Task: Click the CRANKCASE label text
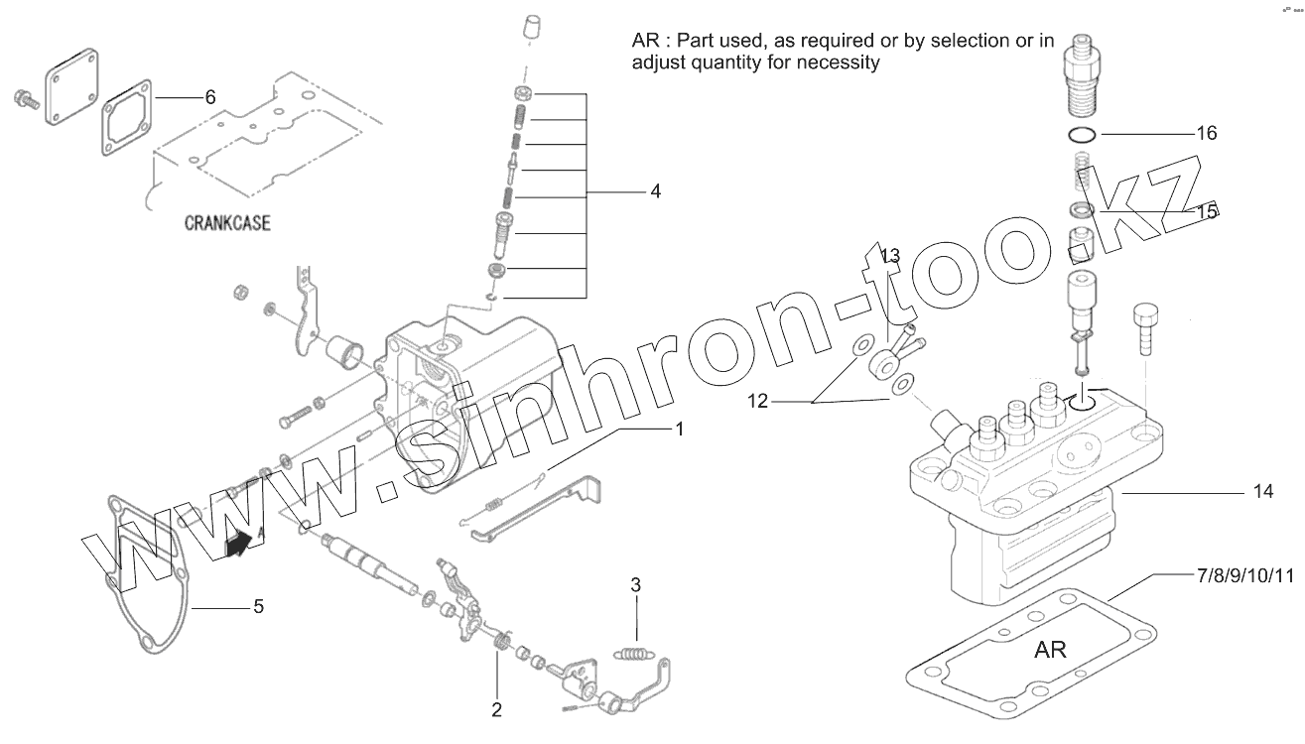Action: click(227, 223)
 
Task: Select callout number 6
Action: click(209, 97)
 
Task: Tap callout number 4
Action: click(655, 191)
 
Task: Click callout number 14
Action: click(1261, 492)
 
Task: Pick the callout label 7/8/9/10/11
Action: click(1244, 575)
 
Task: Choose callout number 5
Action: click(258, 606)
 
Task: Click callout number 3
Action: click(636, 584)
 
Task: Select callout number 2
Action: click(496, 709)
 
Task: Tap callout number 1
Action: click(679, 430)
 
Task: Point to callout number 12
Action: click(758, 402)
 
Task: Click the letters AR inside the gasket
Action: click(1050, 651)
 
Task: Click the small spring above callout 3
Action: click(631, 653)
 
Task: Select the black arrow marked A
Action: click(238, 543)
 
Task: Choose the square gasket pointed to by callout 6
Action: click(125, 120)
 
